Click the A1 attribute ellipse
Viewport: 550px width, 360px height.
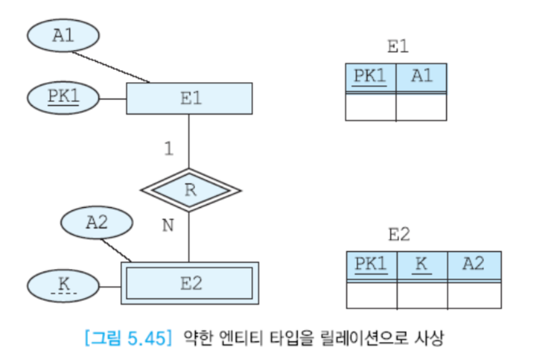[63, 36]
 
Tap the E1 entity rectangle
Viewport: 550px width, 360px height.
[189, 98]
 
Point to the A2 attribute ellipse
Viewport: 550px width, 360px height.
[96, 223]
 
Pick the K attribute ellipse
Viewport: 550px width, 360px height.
[63, 286]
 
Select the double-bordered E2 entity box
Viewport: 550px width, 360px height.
[190, 283]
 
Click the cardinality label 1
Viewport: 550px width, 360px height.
[168, 149]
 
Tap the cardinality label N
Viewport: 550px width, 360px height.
[167, 226]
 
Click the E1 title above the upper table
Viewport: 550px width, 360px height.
[397, 47]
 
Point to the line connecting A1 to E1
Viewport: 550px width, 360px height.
[111, 67]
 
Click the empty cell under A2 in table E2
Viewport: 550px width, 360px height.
[474, 295]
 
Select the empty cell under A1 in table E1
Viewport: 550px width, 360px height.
[421, 107]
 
